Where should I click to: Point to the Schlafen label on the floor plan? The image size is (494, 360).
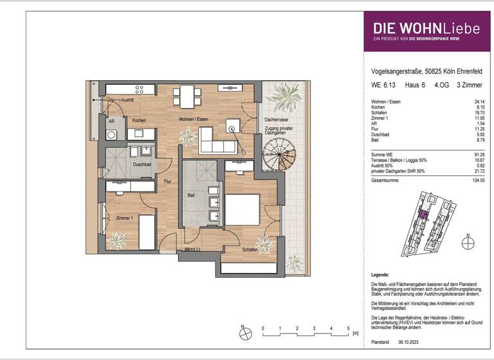[x=250, y=249]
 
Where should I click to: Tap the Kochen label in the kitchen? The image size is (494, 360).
[x=140, y=121]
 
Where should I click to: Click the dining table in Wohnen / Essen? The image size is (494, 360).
[x=185, y=97]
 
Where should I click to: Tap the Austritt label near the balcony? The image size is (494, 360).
[x=127, y=101]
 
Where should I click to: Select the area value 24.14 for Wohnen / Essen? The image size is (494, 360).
[x=477, y=102]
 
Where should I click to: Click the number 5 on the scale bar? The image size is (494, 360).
[x=348, y=328]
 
